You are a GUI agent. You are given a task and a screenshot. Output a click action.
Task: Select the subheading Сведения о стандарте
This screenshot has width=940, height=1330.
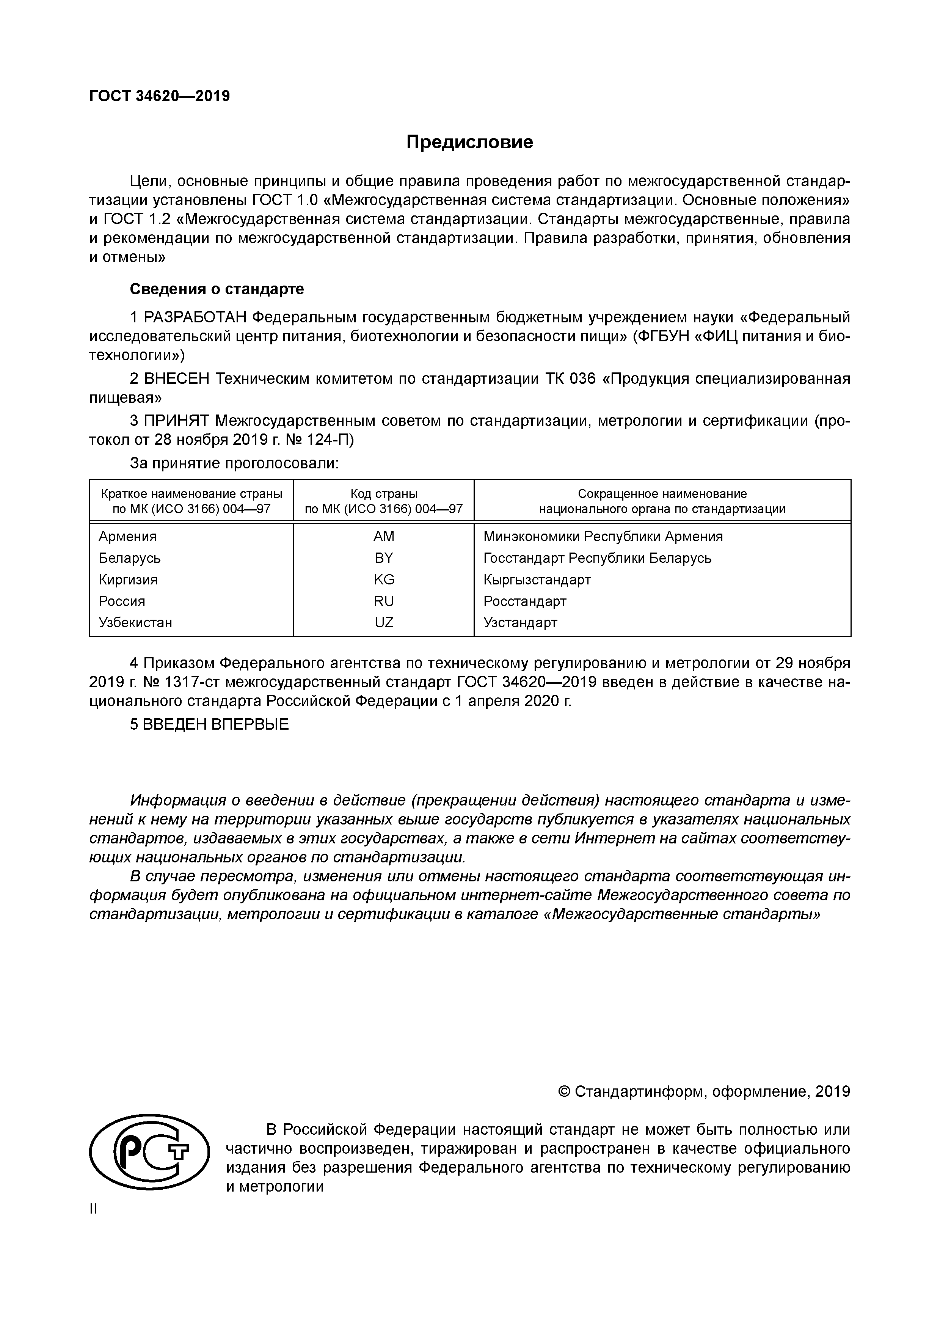tap(217, 289)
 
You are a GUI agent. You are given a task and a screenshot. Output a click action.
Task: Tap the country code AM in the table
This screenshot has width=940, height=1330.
tap(384, 536)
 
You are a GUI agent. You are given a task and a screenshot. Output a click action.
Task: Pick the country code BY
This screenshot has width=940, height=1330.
tap(384, 558)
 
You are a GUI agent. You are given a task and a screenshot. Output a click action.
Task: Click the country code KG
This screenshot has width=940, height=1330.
tap(384, 579)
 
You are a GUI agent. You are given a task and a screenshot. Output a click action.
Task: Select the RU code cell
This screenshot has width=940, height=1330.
tap(384, 601)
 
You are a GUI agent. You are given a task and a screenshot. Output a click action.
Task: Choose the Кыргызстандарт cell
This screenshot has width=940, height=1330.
tap(537, 579)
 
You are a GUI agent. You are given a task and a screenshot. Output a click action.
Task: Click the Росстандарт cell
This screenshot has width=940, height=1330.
tap(525, 601)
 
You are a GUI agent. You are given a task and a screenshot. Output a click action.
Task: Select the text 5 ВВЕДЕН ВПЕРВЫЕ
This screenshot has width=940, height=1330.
tap(209, 725)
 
